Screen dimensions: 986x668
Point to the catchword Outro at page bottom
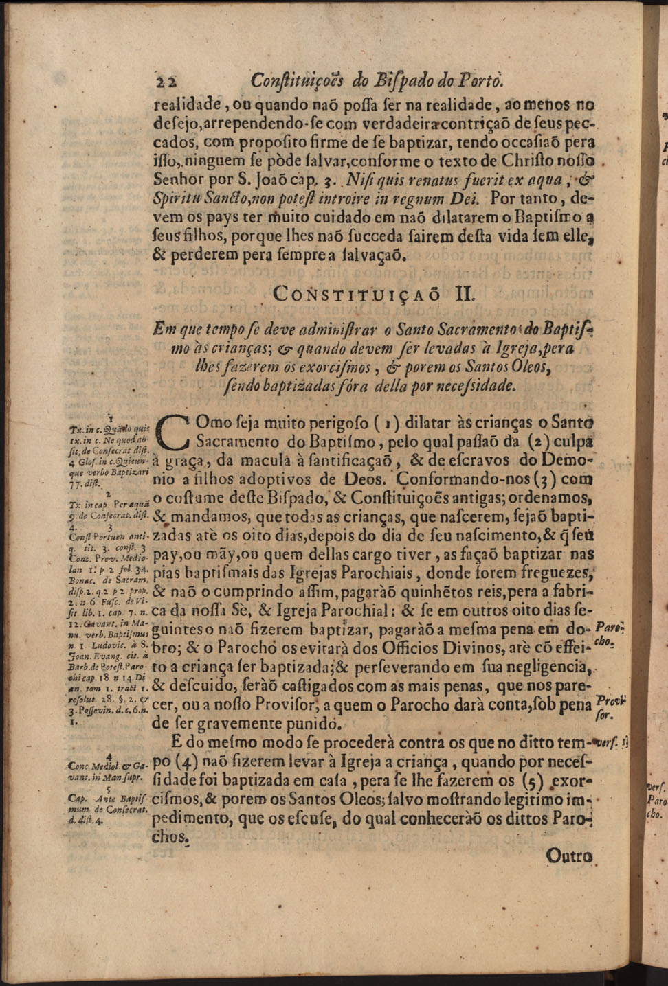570,856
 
